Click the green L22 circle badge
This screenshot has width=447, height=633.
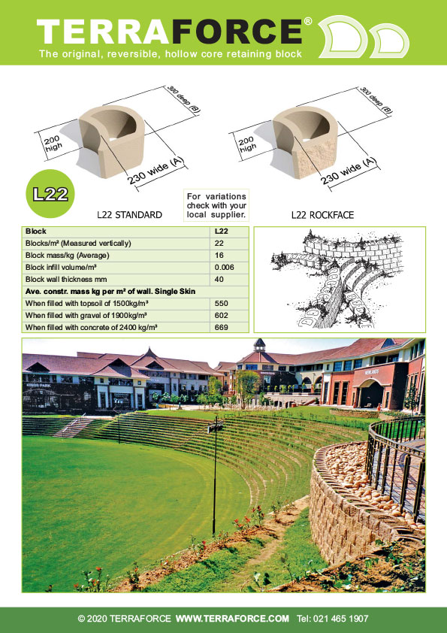click(50, 194)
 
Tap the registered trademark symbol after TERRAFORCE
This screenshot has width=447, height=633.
click(308, 21)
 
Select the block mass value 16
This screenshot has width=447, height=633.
click(219, 256)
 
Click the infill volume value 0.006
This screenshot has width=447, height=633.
click(225, 267)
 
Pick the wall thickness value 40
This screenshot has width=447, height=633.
click(219, 280)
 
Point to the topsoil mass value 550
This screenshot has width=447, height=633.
click(222, 303)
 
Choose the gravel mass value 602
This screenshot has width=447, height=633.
click(222, 315)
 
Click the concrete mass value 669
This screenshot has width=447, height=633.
click(222, 327)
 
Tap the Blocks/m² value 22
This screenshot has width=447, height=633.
click(219, 244)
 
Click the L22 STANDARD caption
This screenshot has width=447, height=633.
click(129, 215)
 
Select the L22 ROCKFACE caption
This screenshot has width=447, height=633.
click(322, 215)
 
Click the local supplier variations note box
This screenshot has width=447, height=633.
click(216, 205)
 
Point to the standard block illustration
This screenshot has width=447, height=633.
click(112, 141)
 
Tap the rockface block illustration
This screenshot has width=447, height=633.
click(306, 141)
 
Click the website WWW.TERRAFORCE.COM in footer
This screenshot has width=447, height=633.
click(232, 619)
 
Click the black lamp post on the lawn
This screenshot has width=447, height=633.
click(215, 477)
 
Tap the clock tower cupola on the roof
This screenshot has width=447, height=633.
click(259, 346)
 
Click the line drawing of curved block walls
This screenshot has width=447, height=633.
click(338, 279)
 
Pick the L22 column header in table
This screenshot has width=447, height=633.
click(222, 232)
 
